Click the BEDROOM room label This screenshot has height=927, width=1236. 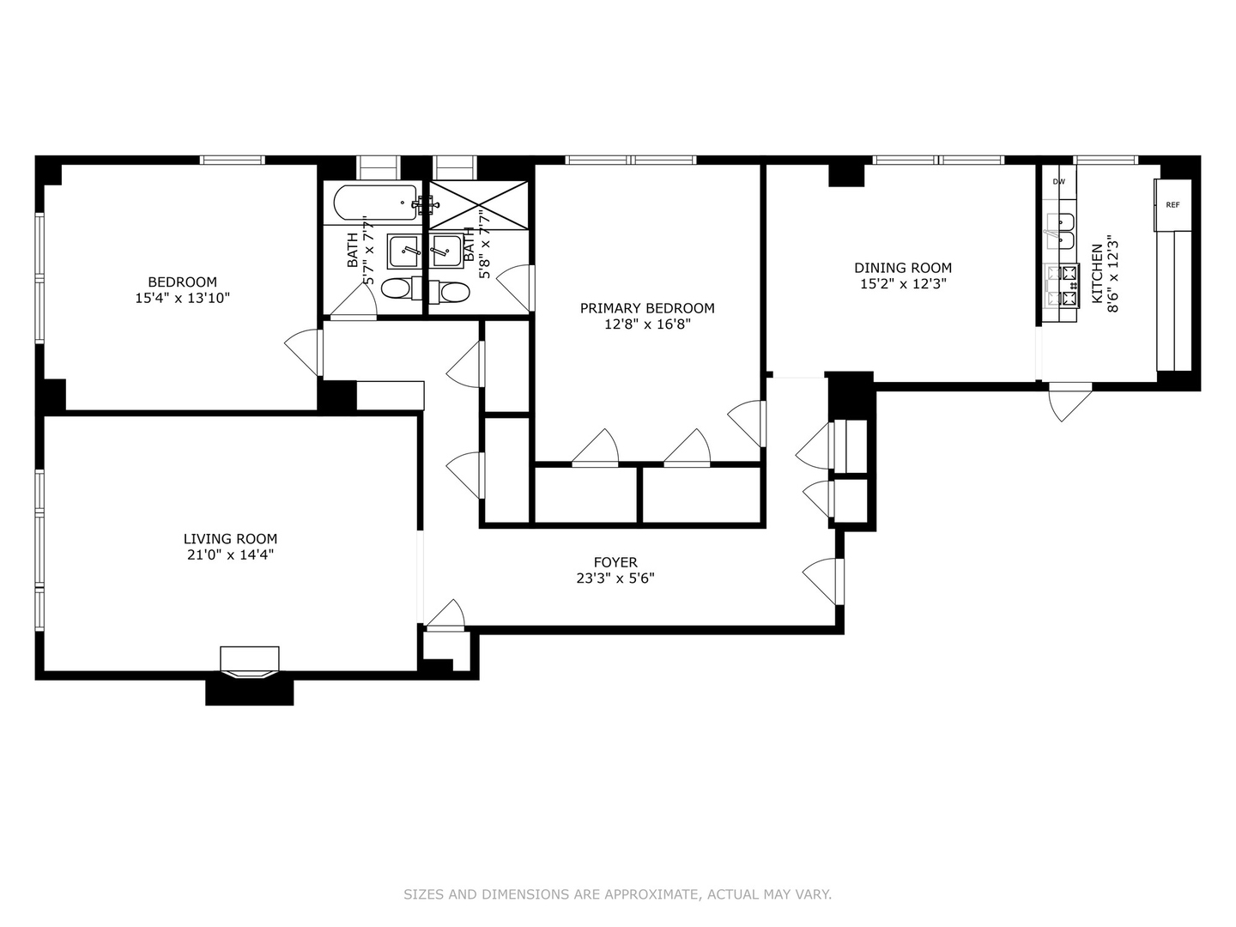182,282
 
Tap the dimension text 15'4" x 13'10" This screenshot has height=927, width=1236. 182,299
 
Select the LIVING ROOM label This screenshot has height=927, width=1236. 230,539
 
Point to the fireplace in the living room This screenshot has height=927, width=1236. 250,662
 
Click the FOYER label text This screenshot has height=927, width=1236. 615,563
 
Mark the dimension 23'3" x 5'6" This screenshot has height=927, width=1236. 615,579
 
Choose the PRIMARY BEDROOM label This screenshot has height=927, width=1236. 647,308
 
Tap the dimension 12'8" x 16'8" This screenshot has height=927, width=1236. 647,324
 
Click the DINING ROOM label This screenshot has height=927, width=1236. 903,268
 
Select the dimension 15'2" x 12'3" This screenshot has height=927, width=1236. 903,284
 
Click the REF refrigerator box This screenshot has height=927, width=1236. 1172,205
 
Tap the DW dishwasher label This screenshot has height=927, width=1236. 1059,182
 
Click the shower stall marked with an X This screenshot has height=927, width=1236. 479,205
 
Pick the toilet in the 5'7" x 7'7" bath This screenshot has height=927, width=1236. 396,289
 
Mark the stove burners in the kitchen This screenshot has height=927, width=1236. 1069,286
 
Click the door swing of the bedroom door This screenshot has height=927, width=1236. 302,352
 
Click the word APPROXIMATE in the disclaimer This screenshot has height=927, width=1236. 651,894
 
